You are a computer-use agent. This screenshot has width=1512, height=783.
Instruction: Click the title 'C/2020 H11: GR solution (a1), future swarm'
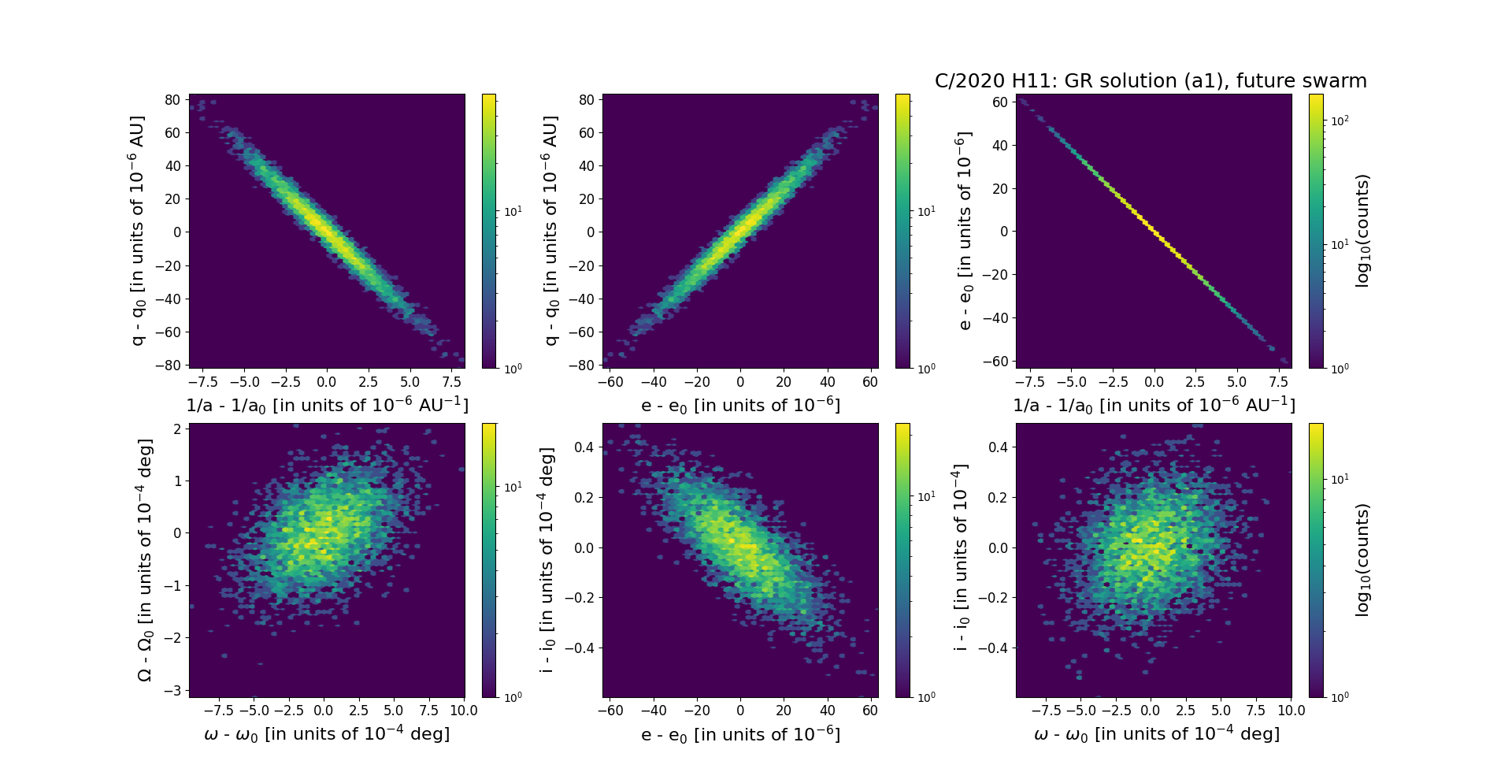[1151, 81]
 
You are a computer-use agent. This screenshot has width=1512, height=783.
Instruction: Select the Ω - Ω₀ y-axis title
[145, 560]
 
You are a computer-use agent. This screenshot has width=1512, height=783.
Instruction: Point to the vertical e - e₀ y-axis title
[965, 231]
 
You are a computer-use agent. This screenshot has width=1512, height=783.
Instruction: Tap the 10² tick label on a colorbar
[1339, 121]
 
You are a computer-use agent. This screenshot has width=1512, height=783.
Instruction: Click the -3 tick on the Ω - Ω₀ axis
[176, 690]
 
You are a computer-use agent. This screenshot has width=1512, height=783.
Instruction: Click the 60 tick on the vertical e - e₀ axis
[1000, 102]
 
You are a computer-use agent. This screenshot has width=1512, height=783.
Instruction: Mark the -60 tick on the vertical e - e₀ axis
[997, 361]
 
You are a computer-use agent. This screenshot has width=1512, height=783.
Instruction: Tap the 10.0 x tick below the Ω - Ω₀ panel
[464, 710]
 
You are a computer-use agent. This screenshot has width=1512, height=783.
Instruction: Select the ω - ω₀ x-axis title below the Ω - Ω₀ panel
[327, 734]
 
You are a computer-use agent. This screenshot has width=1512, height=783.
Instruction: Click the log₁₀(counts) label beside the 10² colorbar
[1362, 231]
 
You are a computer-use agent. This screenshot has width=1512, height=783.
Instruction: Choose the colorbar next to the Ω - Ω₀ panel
[489, 560]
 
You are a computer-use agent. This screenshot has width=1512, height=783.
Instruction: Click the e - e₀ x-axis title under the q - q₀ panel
[740, 406]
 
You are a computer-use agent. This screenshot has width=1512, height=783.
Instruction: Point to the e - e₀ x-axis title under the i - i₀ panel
[740, 735]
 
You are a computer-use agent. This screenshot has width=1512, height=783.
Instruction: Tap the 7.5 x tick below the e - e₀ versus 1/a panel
[1278, 382]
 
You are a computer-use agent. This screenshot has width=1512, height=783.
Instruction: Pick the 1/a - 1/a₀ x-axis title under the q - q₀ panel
[327, 406]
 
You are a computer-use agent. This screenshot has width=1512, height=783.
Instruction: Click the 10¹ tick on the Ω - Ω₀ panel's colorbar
[513, 487]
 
